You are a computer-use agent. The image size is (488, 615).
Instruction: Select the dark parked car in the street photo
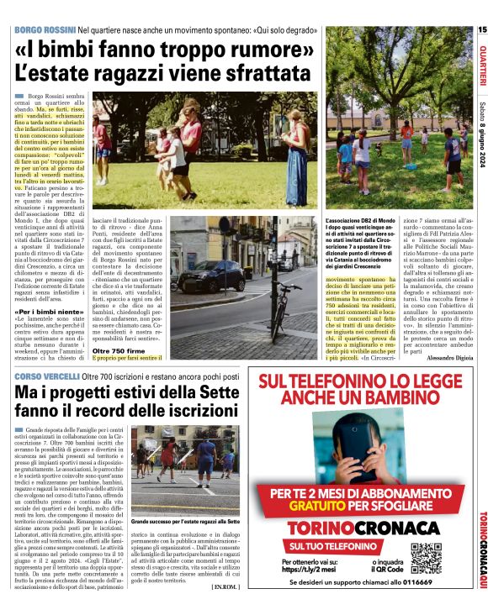coord(217,274)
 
